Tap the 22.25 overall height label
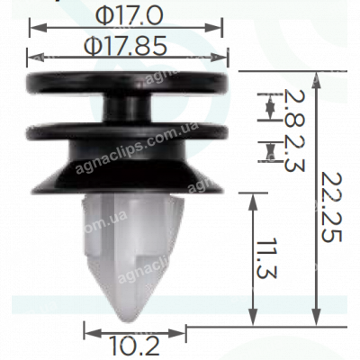[331, 207]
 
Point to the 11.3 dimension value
[266, 258]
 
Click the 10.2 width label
[134, 346]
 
